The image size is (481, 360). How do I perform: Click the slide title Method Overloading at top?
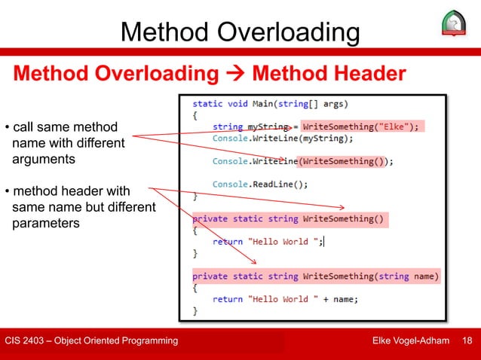pyautogui.click(x=240, y=32)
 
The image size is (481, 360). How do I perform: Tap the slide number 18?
pyautogui.click(x=467, y=341)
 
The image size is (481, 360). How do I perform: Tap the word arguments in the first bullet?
pyautogui.click(x=44, y=159)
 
